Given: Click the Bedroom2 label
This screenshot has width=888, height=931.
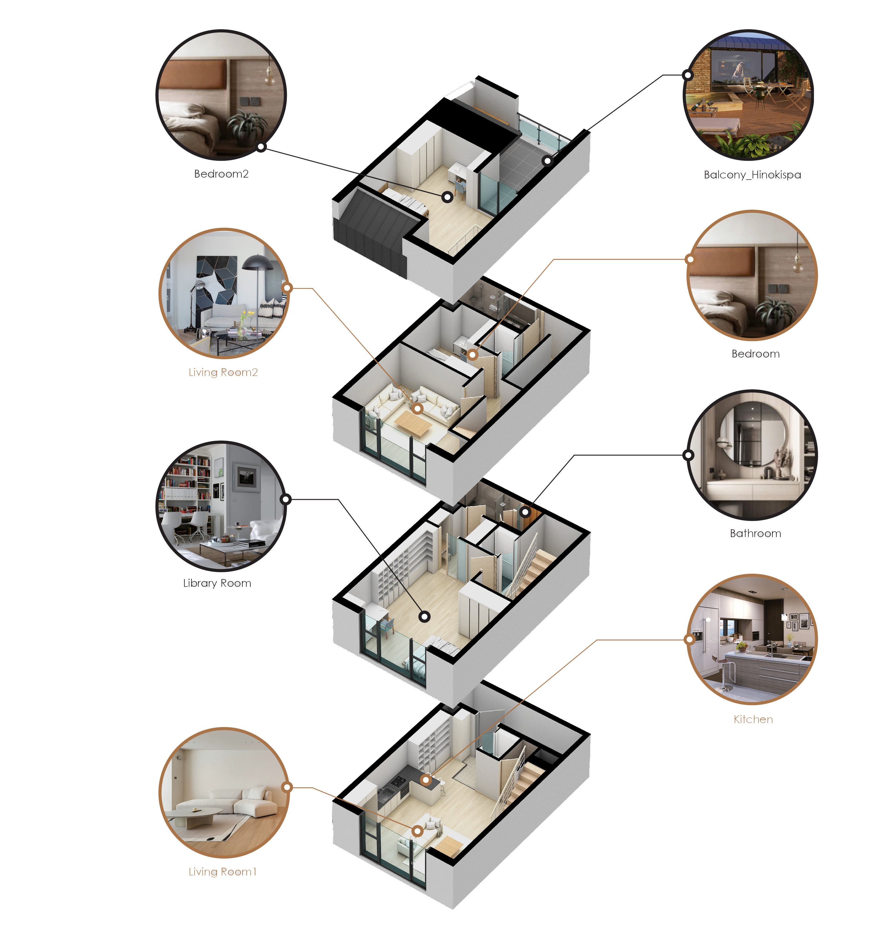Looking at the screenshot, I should (x=221, y=174).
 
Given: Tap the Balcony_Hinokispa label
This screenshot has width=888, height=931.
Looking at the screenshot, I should (x=752, y=175).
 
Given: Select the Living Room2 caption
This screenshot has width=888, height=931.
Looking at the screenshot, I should (x=223, y=372).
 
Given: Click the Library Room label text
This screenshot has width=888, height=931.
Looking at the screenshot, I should (x=217, y=583).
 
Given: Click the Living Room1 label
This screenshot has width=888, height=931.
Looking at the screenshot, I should (x=222, y=871).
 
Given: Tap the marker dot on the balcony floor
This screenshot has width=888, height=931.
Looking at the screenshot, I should (x=547, y=161).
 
